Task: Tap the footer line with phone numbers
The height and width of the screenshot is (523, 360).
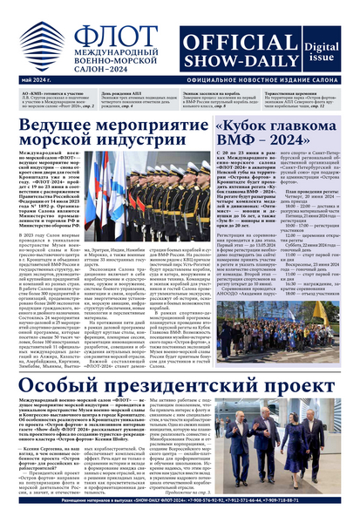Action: pos(180,514)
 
